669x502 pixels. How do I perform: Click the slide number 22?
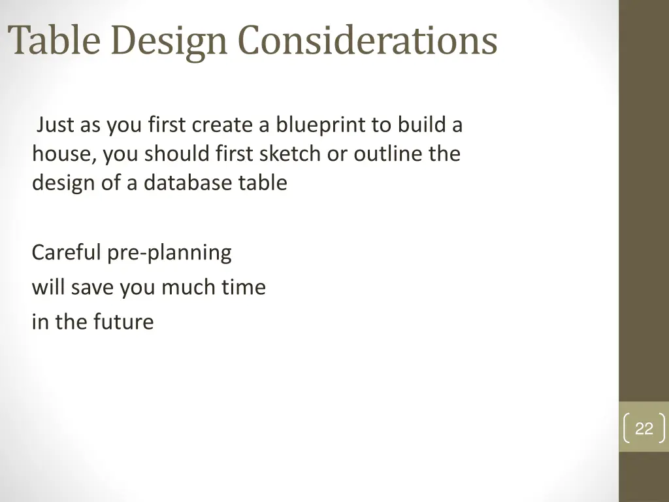click(644, 429)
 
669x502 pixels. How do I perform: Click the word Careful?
click(66, 252)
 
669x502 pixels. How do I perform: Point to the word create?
click(223, 124)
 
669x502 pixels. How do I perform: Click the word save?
click(92, 288)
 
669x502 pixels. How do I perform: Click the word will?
click(48, 288)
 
